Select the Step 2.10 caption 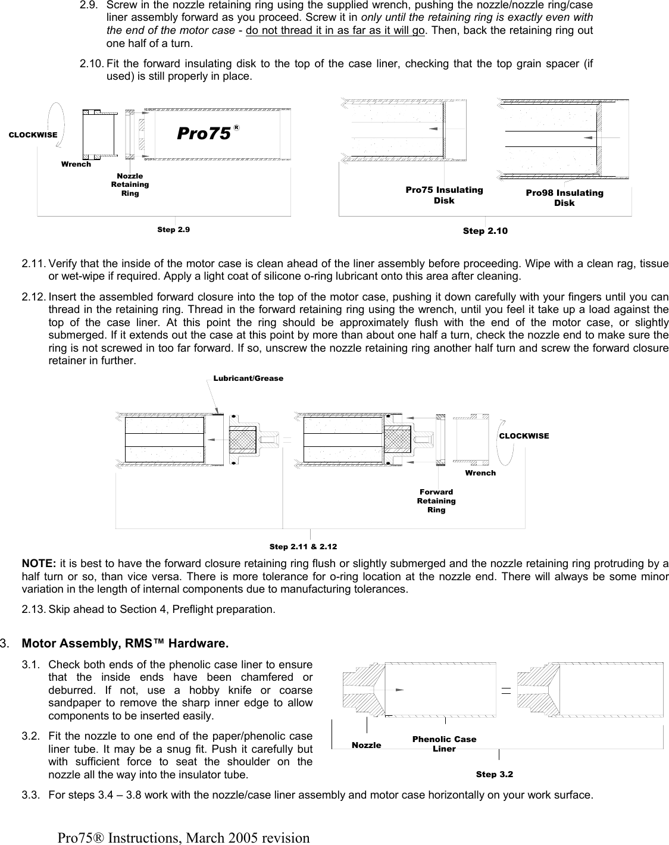(485, 231)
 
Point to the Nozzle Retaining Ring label (130, 184)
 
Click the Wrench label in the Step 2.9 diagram (76, 164)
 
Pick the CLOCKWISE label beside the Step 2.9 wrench (33, 134)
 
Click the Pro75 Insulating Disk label (444, 195)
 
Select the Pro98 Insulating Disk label (564, 198)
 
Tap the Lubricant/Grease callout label (248, 378)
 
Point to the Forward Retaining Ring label (436, 500)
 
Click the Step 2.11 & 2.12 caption (303, 546)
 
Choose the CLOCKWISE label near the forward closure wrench (524, 436)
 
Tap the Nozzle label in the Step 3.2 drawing (366, 745)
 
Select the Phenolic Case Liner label (444, 744)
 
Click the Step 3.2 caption (494, 774)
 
